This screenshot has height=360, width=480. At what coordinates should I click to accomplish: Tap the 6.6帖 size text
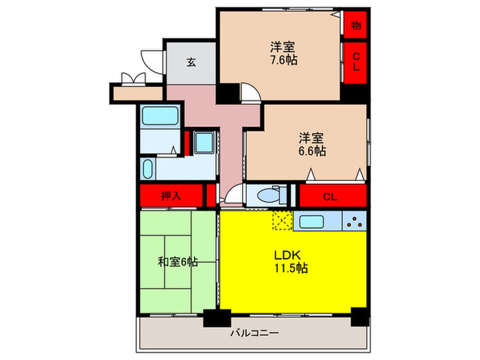[311, 150]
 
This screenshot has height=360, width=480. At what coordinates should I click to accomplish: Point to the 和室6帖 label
[178, 261]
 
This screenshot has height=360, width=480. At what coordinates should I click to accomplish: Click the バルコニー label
[253, 334]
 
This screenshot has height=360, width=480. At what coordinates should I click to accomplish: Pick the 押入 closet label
[171, 196]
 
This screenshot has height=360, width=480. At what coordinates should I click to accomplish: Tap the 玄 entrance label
[191, 62]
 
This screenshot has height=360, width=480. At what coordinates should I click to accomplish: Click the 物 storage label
[356, 25]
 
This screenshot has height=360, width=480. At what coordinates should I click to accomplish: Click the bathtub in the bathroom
[160, 115]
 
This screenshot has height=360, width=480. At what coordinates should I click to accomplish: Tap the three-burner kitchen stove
[354, 221]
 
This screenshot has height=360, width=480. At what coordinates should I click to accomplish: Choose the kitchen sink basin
[312, 221]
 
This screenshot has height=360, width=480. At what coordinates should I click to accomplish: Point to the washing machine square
[203, 142]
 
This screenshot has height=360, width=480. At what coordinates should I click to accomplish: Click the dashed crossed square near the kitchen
[281, 221]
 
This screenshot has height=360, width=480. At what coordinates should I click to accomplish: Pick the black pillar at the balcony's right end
[359, 317]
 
